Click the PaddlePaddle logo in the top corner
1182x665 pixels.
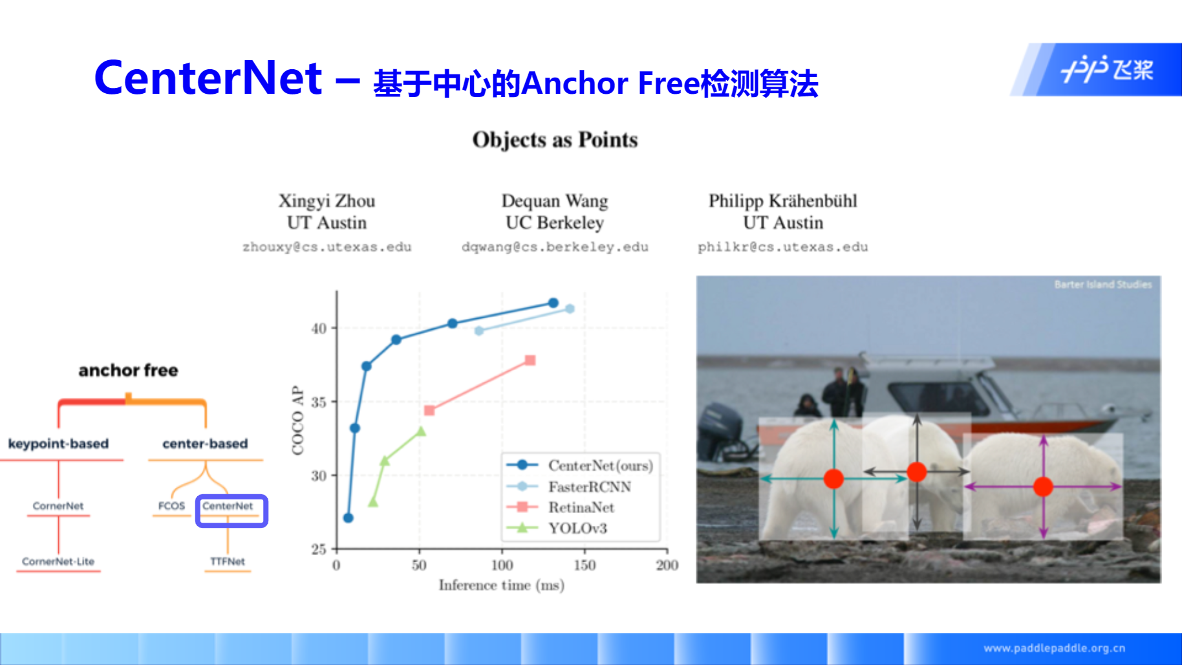pyautogui.click(x=1107, y=69)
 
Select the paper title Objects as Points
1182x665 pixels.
pyautogui.click(x=555, y=140)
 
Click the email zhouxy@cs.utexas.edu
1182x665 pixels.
pyautogui.click(x=327, y=247)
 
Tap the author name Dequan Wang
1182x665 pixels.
pyautogui.click(x=555, y=201)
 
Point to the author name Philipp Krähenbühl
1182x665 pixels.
pyautogui.click(x=782, y=201)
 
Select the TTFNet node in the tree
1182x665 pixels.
pyautogui.click(x=228, y=561)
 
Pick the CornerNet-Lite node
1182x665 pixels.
pyautogui.click(x=58, y=561)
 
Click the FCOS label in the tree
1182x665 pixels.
pyautogui.click(x=171, y=506)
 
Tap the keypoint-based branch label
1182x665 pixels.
pyautogui.click(x=58, y=444)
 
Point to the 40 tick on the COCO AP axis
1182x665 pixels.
pyautogui.click(x=319, y=329)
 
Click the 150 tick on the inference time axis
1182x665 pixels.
pyautogui.click(x=585, y=565)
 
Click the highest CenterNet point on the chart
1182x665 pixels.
pyautogui.click(x=553, y=303)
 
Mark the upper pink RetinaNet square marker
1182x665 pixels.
pyautogui.click(x=530, y=360)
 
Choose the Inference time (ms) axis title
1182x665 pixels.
pyautogui.click(x=502, y=585)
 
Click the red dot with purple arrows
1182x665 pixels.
pyautogui.click(x=1043, y=486)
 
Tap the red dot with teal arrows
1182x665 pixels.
pyautogui.click(x=833, y=479)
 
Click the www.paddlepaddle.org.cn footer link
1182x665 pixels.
pyautogui.click(x=1055, y=648)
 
